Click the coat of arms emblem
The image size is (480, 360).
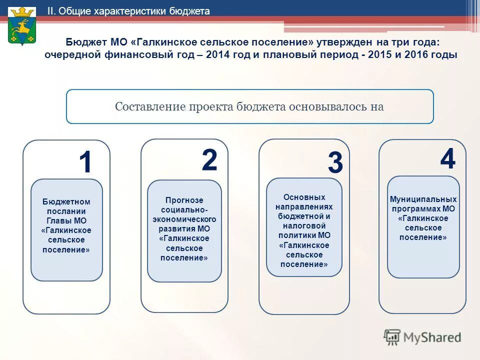(x=22, y=26)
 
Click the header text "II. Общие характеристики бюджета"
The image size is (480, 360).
(x=128, y=11)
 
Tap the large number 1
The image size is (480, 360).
(x=85, y=163)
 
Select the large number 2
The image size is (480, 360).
(x=209, y=160)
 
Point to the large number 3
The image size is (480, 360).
(x=335, y=163)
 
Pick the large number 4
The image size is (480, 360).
(x=447, y=159)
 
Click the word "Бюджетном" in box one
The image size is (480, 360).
(x=66, y=201)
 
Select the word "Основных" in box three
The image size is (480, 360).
(x=304, y=197)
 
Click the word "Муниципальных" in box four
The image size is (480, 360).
(x=423, y=199)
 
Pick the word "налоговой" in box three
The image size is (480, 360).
(x=304, y=226)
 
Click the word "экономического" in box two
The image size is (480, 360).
(x=184, y=219)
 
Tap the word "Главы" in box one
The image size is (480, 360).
(x=59, y=220)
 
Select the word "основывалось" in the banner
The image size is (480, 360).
(x=325, y=106)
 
